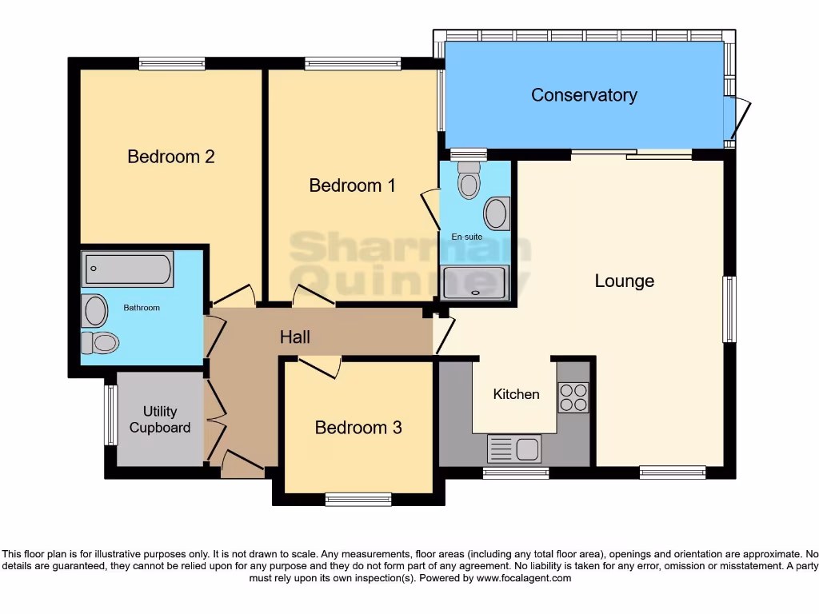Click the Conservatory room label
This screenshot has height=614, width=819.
(x=584, y=95)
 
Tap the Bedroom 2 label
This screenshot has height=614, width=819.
(x=171, y=157)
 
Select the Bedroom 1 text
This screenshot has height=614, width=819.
(x=352, y=185)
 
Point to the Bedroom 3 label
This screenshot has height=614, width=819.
(x=358, y=428)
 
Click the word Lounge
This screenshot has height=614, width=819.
(x=624, y=281)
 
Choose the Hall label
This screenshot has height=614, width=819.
(x=294, y=337)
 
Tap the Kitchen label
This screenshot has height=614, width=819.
(x=516, y=394)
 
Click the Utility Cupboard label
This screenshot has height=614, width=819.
(x=160, y=420)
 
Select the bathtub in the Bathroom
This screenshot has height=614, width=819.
(x=127, y=270)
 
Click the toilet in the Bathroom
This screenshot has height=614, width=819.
(x=99, y=343)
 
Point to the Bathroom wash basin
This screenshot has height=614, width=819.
(x=95, y=310)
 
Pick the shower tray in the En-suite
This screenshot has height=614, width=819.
(x=475, y=282)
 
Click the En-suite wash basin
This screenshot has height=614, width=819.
(x=497, y=213)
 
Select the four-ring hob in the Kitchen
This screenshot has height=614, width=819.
(x=573, y=397)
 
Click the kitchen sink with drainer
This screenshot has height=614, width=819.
(x=514, y=449)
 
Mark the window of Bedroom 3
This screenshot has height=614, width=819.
(x=358, y=500)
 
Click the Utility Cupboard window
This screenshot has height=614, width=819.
(x=110, y=415)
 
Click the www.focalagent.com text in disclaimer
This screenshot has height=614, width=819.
(x=525, y=578)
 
